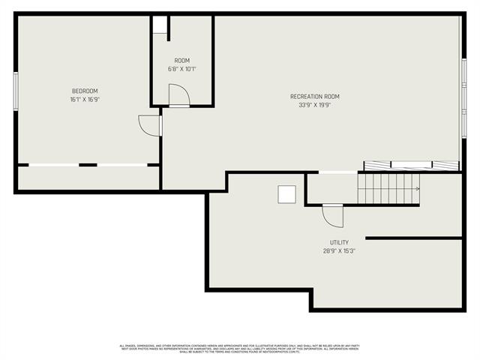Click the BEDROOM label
click(x=84, y=91)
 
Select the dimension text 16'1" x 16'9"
click(x=84, y=99)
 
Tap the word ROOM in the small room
click(x=182, y=61)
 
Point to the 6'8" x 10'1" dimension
click(x=182, y=69)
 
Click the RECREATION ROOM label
click(x=315, y=97)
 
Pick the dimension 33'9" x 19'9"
click(x=315, y=105)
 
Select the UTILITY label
click(x=339, y=243)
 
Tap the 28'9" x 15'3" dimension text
click(x=339, y=251)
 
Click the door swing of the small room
click(x=178, y=96)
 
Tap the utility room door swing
click(x=332, y=216)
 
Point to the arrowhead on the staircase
click(x=417, y=188)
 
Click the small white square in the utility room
click(x=287, y=194)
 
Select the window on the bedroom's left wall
click(x=16, y=91)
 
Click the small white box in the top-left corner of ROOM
click(x=160, y=24)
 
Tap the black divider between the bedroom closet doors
click(x=88, y=164)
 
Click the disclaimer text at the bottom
click(x=240, y=349)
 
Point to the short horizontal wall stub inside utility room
click(x=413, y=238)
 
